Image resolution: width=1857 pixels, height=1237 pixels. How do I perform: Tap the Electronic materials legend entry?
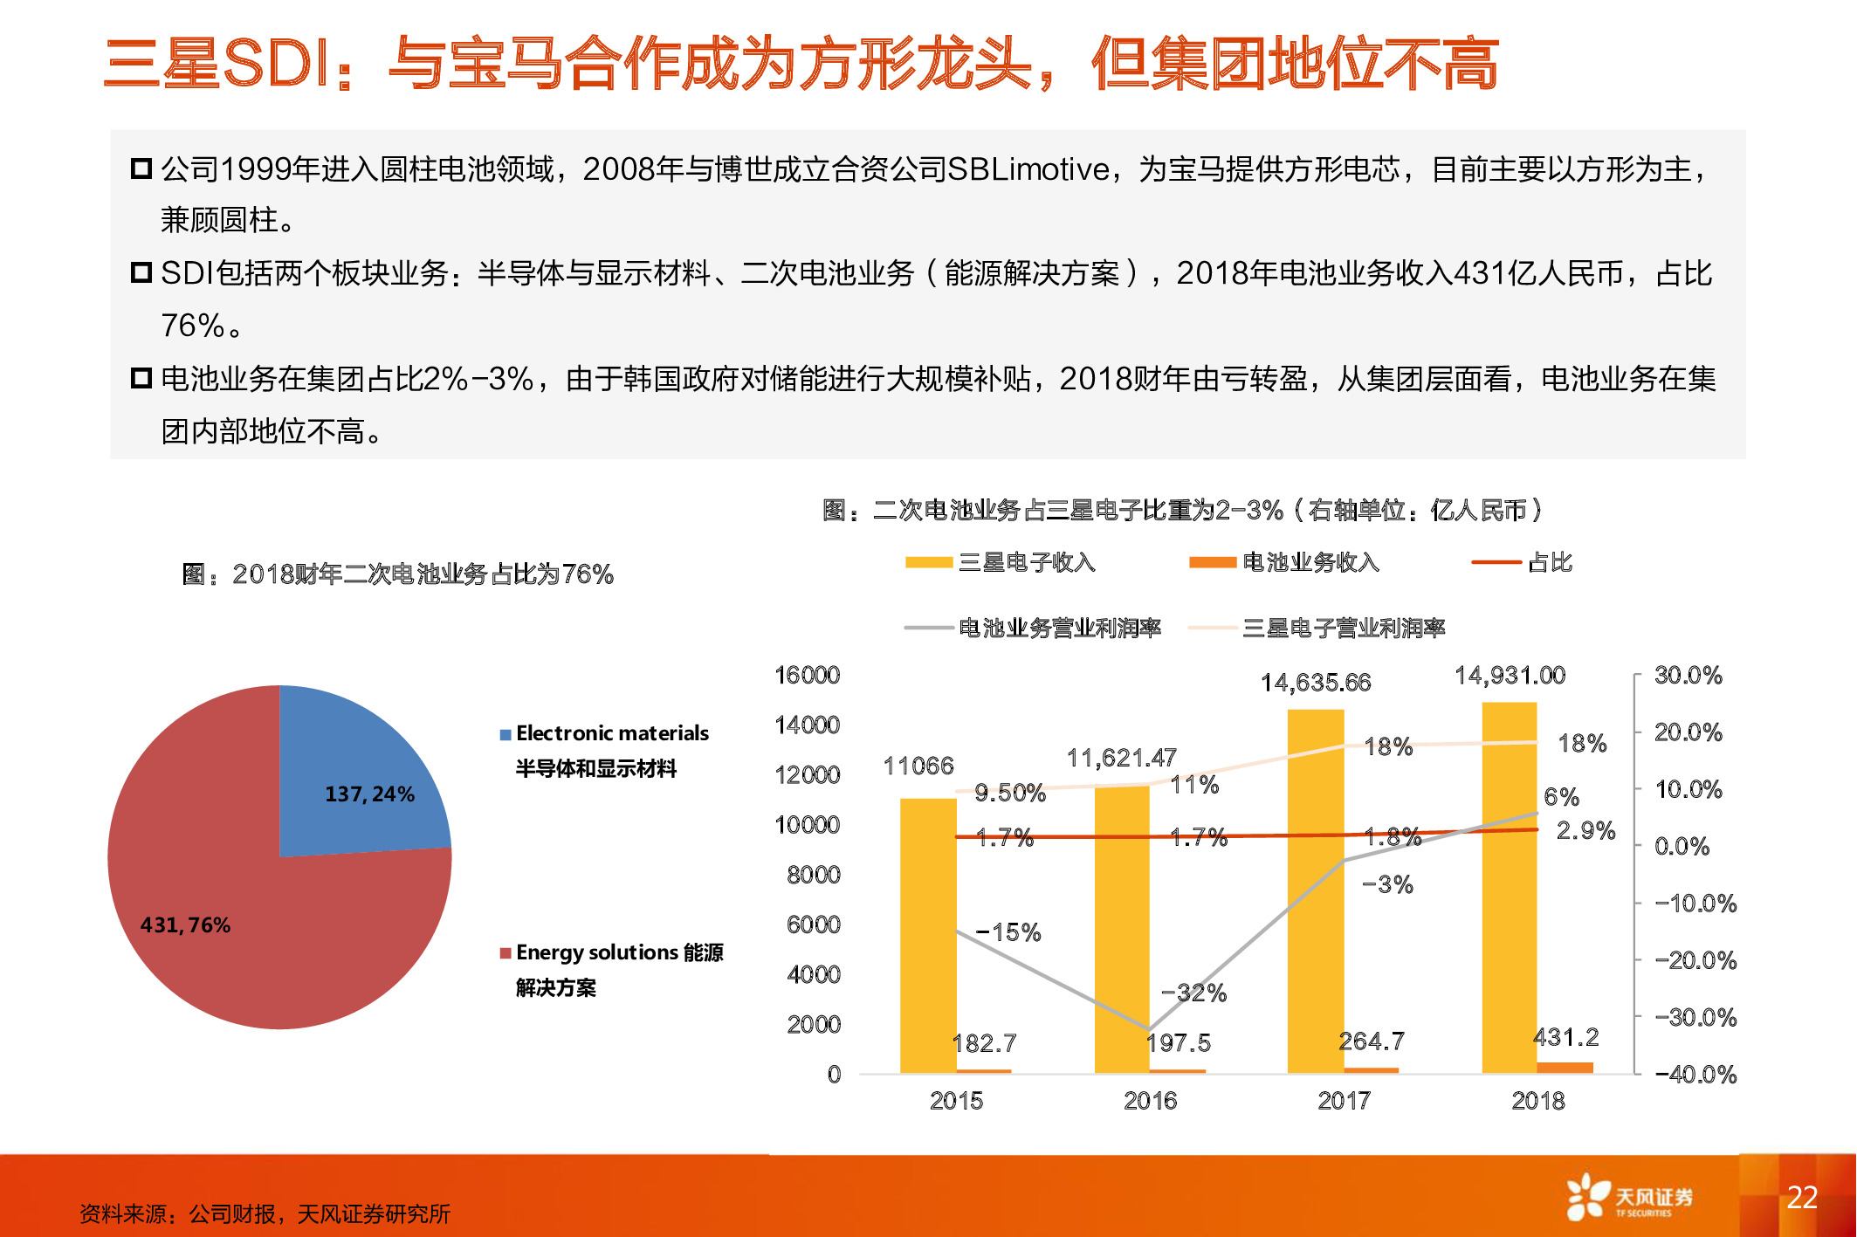coord(611,733)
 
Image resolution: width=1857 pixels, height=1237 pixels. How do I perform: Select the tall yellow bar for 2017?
coord(1316,890)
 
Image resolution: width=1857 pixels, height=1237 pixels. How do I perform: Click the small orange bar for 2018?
coord(1565,1067)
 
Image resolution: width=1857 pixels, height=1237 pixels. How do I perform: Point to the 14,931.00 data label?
coord(1510,675)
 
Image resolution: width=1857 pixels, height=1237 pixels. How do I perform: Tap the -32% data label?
coord(1193,993)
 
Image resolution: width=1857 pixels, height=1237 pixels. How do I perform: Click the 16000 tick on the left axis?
coord(807,675)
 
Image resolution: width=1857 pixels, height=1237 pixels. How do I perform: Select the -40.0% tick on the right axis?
coord(1695,1075)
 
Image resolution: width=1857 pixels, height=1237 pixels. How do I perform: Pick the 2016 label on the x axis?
coord(1150,1101)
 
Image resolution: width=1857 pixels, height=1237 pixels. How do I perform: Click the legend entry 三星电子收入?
coord(1026,562)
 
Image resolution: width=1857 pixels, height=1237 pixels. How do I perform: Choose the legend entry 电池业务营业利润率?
coord(1059,628)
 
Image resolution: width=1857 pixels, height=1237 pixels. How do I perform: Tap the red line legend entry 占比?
coord(1549,562)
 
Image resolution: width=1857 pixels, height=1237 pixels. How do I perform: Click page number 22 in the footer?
coord(1802,1197)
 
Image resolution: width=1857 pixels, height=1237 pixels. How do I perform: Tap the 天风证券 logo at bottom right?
coord(1629,1197)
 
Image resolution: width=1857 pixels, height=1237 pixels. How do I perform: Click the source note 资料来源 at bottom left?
coord(265,1213)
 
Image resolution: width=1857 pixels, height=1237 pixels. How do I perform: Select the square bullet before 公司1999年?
coord(141,168)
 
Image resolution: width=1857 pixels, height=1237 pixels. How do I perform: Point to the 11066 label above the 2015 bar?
coord(918,766)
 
